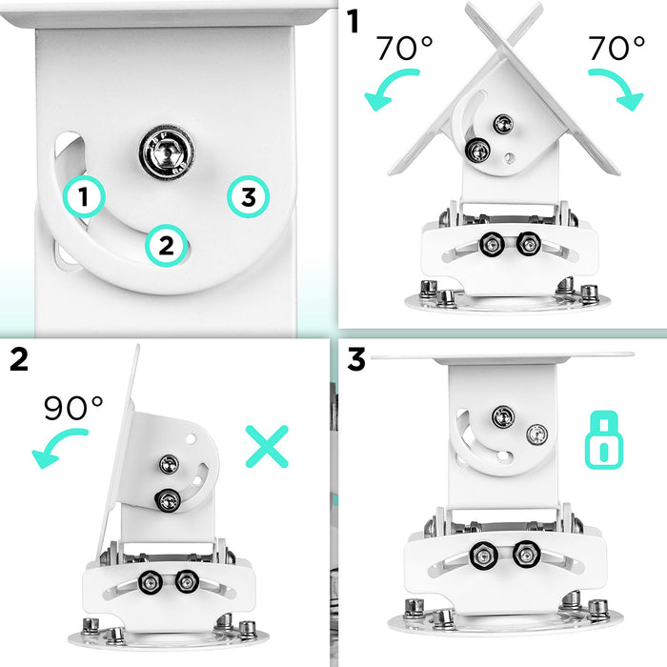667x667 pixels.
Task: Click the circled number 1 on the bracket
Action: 85,197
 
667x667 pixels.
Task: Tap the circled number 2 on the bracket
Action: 165,246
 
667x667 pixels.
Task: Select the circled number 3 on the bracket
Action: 248,197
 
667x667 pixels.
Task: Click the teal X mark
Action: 267,446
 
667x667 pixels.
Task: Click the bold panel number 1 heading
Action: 353,21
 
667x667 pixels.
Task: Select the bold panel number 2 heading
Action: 19,359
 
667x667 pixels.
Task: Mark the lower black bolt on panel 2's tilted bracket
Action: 169,497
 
